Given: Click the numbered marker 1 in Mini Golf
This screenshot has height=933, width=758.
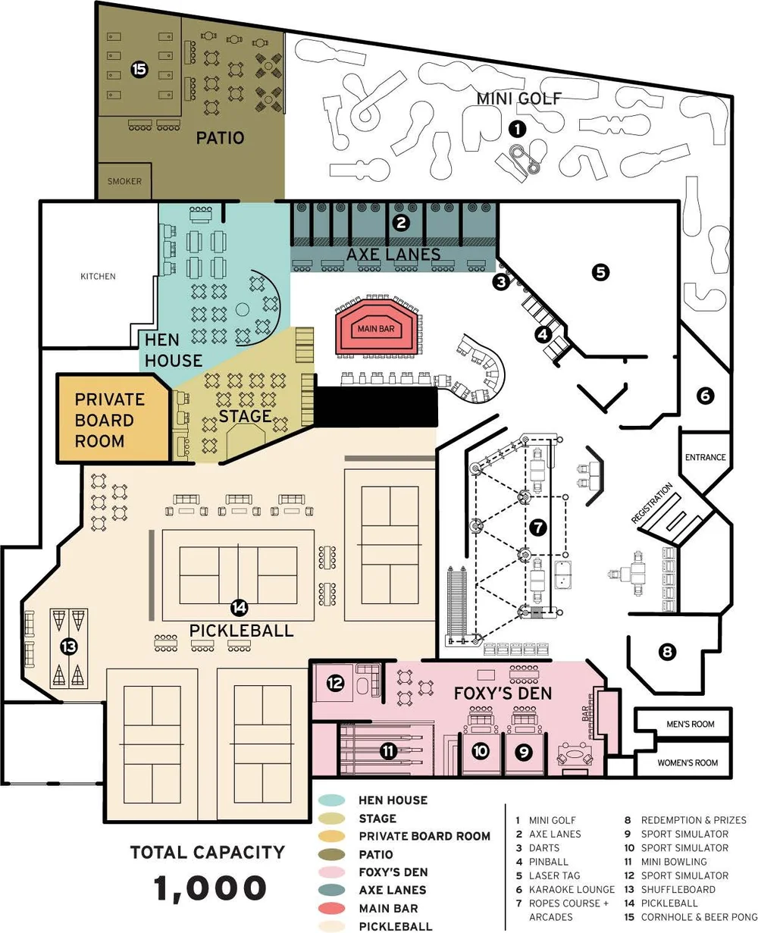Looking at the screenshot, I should pos(517,129).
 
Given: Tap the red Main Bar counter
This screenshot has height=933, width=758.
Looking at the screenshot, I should pos(376,329).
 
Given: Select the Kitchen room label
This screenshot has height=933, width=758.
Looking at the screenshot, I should pos(98,277).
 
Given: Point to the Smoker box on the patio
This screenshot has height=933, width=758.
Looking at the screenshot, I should pos(124,182).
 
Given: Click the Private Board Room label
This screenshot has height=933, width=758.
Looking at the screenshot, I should pos(109,420).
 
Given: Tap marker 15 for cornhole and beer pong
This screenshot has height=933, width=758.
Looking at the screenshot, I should pos(139,70).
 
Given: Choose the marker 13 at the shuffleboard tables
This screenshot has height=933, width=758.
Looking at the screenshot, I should pos(69,647).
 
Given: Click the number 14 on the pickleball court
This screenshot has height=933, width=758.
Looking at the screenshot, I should pos(240,606).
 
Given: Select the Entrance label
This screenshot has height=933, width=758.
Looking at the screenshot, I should pos(705,458).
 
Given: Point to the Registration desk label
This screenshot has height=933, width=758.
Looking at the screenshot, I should pos(652,504).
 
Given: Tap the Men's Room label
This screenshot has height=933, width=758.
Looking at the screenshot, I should pos(691,725).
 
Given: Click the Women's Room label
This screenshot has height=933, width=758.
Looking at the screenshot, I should pos(688,762).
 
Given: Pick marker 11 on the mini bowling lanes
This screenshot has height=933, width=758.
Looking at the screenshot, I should pos(388,751).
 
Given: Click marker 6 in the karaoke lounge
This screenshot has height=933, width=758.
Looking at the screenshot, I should pos(704,395).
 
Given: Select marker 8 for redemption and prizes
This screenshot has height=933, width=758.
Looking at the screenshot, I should pos(667,651).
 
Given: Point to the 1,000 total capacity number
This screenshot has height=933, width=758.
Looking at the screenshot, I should pos(210,888).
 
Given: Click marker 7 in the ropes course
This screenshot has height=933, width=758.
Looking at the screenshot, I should pos(537,527).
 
